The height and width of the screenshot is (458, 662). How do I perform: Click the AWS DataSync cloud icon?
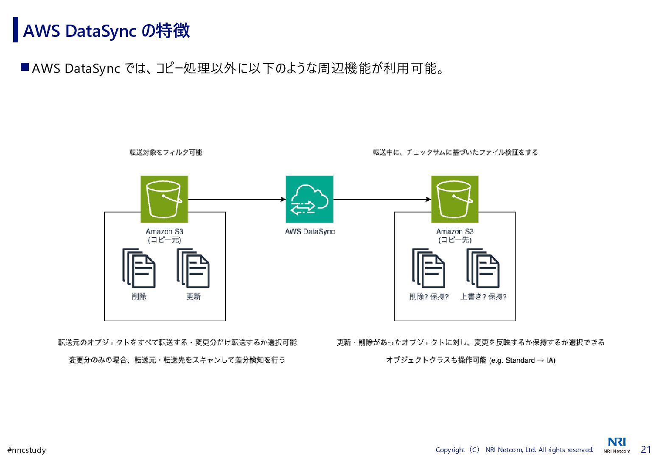(309, 199)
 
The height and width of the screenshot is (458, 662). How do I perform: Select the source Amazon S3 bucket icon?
(164, 199)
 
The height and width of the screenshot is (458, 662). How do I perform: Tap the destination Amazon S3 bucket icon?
(454, 199)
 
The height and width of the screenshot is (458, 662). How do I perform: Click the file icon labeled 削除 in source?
(139, 268)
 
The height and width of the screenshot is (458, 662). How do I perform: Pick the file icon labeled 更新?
(194, 268)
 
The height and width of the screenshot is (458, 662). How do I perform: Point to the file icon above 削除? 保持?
(429, 268)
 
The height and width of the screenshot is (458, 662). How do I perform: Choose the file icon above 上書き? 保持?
(483, 268)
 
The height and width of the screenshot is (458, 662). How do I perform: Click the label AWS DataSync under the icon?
(310, 232)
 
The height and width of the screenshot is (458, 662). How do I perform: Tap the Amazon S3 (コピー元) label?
(165, 236)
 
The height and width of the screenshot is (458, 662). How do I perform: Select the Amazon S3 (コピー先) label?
(455, 236)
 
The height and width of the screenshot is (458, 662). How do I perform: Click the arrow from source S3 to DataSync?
(236, 199)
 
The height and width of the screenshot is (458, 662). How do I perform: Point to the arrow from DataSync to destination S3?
(382, 199)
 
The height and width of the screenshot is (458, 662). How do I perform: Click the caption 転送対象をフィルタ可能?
(166, 152)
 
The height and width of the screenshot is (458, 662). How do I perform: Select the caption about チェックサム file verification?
(455, 152)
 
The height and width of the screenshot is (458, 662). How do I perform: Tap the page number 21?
(646, 450)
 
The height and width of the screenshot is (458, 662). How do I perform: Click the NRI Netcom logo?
(617, 445)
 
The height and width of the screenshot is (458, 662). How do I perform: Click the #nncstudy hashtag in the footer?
(27, 450)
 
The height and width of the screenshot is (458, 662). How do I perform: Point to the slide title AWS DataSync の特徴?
(106, 31)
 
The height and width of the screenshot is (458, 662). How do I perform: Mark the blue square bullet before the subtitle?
(25, 67)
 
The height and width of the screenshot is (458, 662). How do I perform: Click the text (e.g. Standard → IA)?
(522, 360)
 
